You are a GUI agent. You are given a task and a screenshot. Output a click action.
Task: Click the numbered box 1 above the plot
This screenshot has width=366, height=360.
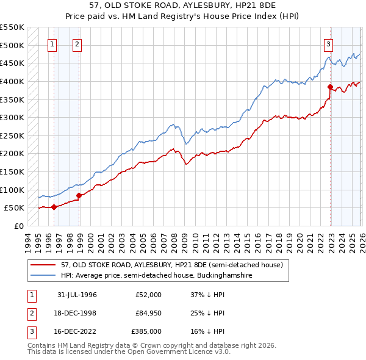point(52,43)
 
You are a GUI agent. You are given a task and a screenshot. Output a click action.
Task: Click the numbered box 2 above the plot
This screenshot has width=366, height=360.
point(77,43)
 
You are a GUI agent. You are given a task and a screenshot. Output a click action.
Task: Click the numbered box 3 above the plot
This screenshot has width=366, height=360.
point(328,43)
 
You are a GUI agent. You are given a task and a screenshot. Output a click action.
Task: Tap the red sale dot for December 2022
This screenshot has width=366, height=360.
point(330,87)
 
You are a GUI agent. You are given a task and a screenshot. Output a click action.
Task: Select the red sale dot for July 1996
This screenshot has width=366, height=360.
point(54,207)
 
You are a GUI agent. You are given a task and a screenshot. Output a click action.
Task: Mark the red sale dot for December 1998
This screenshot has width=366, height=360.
point(79,195)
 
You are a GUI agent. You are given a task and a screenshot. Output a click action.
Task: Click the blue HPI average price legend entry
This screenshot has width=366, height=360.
point(156,276)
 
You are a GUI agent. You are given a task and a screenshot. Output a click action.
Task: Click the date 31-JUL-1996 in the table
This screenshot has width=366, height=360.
point(77,295)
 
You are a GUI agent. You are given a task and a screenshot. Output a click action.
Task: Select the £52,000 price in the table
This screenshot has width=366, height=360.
point(149,295)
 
